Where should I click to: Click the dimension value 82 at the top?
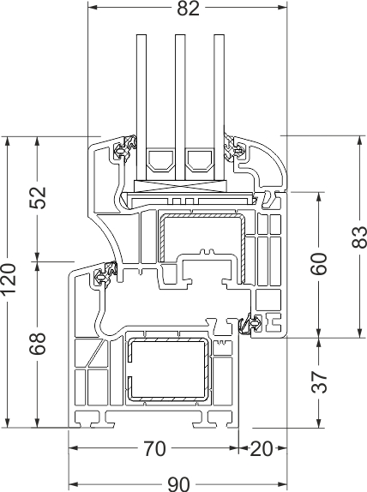[188, 9]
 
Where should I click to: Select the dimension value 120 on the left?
[9, 279]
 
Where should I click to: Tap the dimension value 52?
[38, 198]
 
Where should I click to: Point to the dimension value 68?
[38, 344]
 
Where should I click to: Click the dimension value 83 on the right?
[359, 237]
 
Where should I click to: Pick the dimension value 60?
[319, 264]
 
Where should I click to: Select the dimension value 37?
[319, 382]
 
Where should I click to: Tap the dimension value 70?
[154, 448]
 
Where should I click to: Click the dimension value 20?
[262, 448]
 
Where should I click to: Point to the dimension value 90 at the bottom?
[178, 484]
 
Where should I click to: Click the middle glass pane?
[180, 107]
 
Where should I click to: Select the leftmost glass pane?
[141, 107]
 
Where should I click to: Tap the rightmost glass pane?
[219, 107]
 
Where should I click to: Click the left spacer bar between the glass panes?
[160, 160]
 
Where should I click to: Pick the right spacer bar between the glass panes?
[199, 160]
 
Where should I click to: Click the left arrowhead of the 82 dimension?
[92, 8]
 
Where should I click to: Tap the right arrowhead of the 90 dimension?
[283, 484]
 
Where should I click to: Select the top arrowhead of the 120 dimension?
[9, 141]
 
